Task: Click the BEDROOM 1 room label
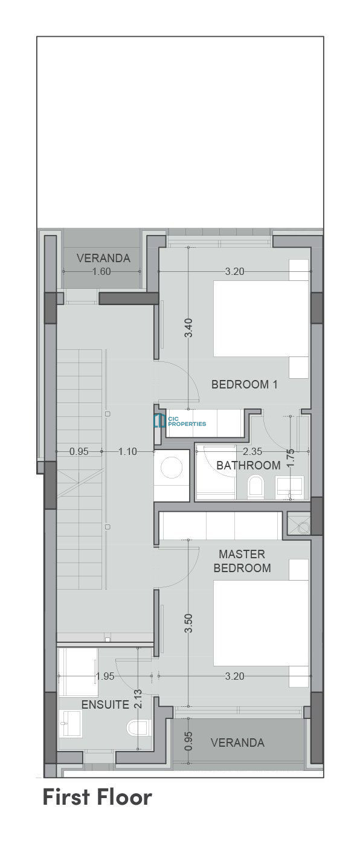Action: [245, 384]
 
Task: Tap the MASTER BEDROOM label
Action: [242, 561]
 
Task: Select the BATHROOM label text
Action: [248, 466]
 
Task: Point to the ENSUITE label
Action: [105, 704]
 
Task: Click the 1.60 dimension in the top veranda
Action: [101, 271]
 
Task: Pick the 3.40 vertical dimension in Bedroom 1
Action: [188, 328]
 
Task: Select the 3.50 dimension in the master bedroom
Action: [188, 623]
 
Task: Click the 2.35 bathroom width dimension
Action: [252, 451]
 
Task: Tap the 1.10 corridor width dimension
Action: [127, 451]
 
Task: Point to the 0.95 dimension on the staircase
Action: [79, 451]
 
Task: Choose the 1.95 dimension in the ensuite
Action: [104, 676]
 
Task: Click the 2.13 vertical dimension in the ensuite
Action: [138, 698]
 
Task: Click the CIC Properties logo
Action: [180, 421]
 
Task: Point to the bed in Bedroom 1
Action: [261, 318]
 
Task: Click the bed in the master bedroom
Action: [261, 623]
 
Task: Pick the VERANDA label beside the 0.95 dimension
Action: [237, 743]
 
